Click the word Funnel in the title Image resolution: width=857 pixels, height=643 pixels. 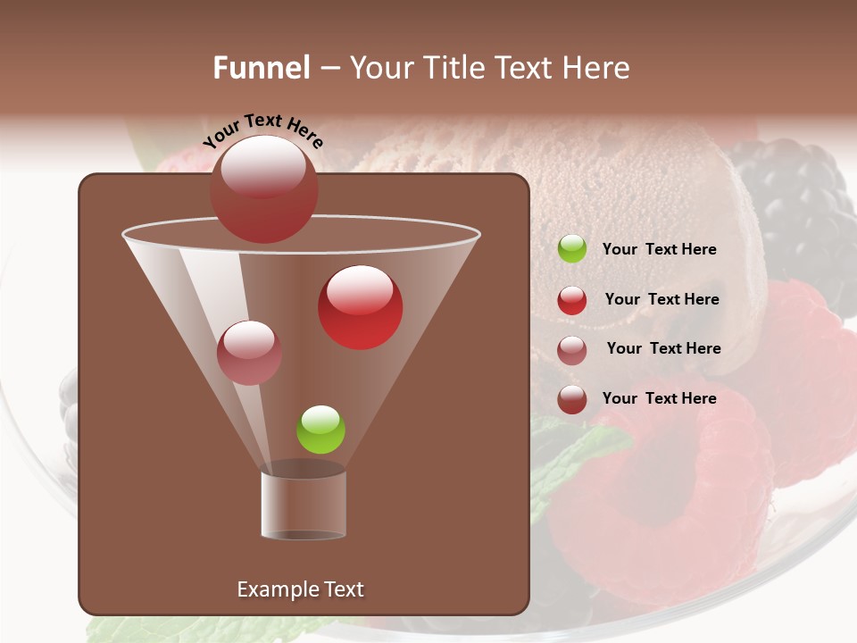pos(262,67)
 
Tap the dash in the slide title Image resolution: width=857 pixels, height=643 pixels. pos(329,68)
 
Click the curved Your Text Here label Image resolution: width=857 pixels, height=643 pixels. pos(263,130)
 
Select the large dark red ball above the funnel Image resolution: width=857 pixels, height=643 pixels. pos(264,189)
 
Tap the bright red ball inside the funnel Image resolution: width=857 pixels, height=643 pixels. pos(361,307)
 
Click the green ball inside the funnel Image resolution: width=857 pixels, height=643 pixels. pos(320,430)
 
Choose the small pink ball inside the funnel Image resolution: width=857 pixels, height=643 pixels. pos(249,353)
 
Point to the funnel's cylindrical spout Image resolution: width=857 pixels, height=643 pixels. pos(304,505)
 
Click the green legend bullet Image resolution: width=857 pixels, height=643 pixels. pos(572,249)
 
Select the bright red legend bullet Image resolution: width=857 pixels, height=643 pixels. pos(572,300)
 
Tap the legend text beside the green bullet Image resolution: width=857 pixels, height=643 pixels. pos(659,249)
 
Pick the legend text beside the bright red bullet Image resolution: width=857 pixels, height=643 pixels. pos(661,299)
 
